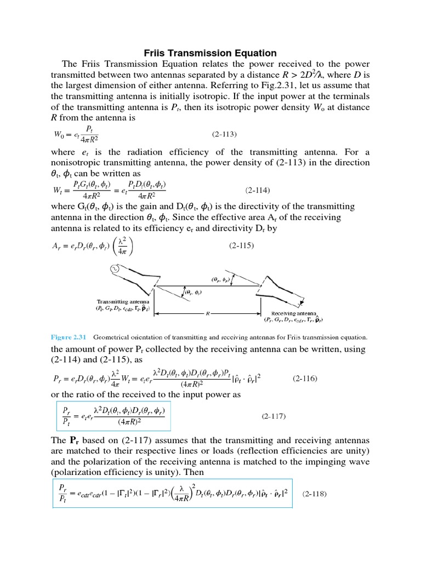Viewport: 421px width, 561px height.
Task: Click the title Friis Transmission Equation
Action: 210,53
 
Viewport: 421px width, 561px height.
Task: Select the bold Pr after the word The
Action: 76,440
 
